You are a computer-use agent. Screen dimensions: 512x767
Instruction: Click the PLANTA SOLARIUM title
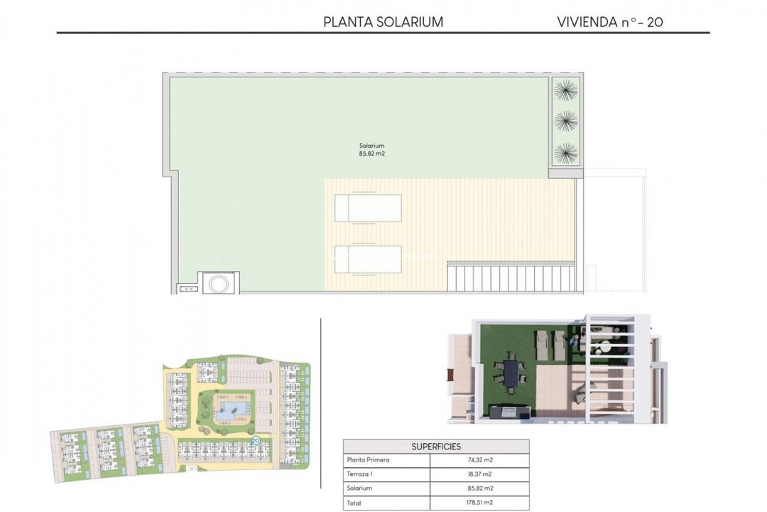point(383,21)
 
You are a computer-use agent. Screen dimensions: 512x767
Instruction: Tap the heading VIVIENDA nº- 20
point(610,21)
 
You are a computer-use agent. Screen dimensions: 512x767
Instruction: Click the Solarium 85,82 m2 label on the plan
point(371,149)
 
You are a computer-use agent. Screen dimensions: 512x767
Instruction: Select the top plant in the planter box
point(566,90)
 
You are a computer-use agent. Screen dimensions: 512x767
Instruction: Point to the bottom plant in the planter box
point(566,152)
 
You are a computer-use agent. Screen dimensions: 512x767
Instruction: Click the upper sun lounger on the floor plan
point(367,208)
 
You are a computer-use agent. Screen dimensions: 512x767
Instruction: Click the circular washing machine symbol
point(217,283)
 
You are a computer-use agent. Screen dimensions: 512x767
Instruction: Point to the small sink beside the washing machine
point(187,289)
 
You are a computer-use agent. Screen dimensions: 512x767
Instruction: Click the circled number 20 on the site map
point(256,441)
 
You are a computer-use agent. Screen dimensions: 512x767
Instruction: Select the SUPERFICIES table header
point(436,447)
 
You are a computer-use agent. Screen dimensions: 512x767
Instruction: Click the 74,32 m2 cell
point(479,460)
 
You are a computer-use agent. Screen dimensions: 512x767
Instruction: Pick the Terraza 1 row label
point(359,474)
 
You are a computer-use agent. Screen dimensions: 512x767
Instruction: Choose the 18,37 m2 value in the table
point(479,474)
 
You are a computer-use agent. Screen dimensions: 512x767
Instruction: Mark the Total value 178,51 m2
point(479,502)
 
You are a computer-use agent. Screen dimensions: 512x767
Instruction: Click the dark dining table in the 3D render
point(511,375)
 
